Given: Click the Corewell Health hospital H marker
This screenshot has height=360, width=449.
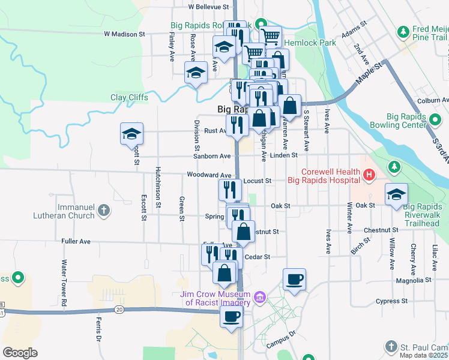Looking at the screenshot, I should tap(369, 175).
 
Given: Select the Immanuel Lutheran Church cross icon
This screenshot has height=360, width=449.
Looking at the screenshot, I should tap(104, 210).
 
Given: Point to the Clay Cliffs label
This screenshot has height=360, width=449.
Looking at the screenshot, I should tap(129, 97).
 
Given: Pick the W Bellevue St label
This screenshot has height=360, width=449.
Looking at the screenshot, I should tap(208, 7).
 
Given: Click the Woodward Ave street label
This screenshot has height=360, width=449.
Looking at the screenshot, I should tap(208, 175).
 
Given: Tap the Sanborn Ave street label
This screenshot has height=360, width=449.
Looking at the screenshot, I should tap(212, 156).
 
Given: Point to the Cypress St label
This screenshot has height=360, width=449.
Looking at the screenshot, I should tap(392, 301).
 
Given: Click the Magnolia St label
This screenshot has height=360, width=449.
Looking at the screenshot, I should tap(414, 280).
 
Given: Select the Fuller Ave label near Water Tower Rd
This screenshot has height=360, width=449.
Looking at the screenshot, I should tap(76, 241).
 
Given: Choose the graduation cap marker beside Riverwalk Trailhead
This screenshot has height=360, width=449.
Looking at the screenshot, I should tap(397, 194).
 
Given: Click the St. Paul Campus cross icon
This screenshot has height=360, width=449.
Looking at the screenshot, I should tap(391, 347).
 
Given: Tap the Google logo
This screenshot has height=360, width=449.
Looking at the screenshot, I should tap(20, 353).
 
